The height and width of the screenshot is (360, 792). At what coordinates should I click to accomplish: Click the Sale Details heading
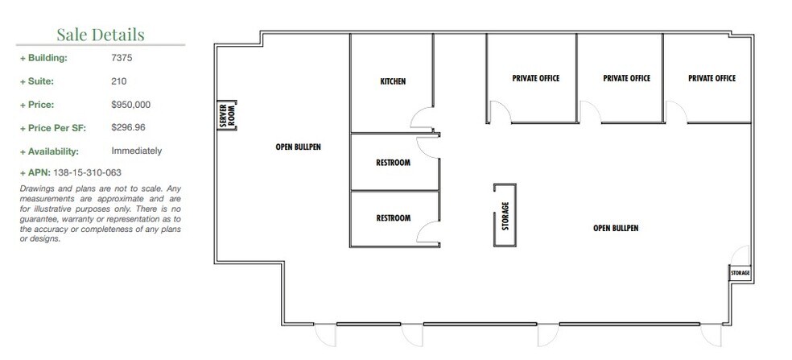pyautogui.click(x=101, y=34)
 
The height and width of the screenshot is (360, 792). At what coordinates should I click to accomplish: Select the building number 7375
pyautogui.click(x=123, y=58)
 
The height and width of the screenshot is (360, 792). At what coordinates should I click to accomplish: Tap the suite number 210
pyautogui.click(x=118, y=81)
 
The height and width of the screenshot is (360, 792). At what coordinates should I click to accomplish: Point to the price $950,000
pyautogui.click(x=131, y=105)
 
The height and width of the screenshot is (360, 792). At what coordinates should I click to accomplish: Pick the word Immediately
pyautogui.click(x=137, y=151)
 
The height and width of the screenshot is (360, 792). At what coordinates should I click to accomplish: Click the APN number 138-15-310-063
pyautogui.click(x=87, y=173)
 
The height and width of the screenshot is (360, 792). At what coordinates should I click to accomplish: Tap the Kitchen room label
pyautogui.click(x=393, y=82)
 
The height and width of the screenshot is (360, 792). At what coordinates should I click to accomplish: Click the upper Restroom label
pyautogui.click(x=393, y=163)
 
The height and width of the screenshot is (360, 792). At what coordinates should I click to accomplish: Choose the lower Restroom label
pyautogui.click(x=393, y=218)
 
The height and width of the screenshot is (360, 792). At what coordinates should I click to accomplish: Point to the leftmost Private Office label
pyautogui.click(x=535, y=79)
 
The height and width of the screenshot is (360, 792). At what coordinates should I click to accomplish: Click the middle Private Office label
pyautogui.click(x=626, y=79)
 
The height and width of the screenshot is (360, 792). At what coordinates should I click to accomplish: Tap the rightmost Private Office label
pyautogui.click(x=712, y=79)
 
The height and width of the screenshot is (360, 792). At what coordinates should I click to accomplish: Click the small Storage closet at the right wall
pyautogui.click(x=740, y=273)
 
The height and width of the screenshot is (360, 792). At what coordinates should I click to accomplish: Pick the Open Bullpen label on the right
pyautogui.click(x=616, y=228)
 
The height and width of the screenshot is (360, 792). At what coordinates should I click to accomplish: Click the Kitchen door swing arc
pyautogui.click(x=421, y=121)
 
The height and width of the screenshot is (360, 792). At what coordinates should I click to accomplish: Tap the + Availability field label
pyautogui.click(x=49, y=151)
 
